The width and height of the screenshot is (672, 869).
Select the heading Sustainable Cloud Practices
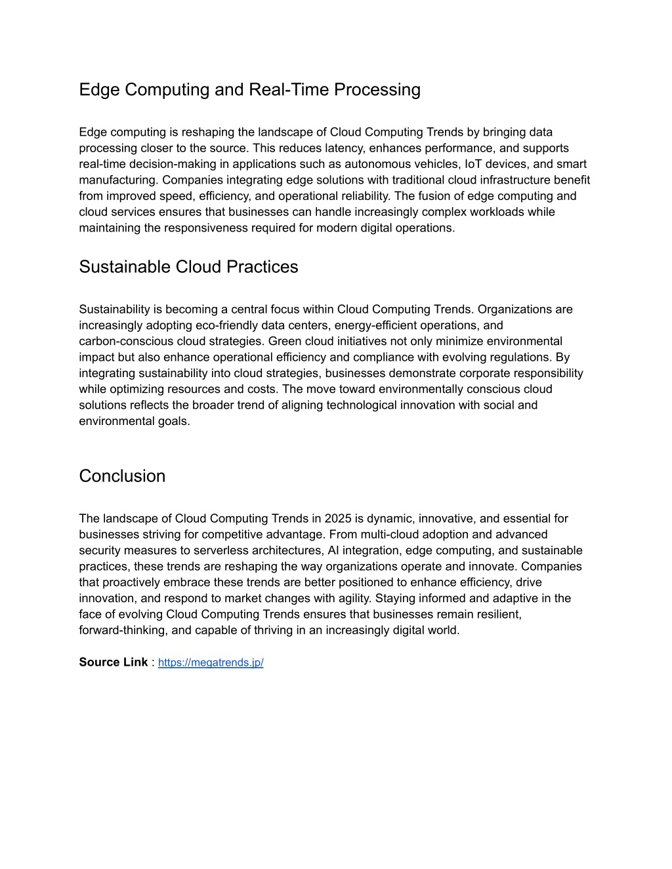[188, 267]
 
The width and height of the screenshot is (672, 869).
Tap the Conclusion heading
[122, 476]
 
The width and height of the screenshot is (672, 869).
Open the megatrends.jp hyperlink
[211, 662]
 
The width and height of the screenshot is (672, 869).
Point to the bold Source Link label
[113, 662]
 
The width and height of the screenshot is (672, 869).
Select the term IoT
[476, 164]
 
